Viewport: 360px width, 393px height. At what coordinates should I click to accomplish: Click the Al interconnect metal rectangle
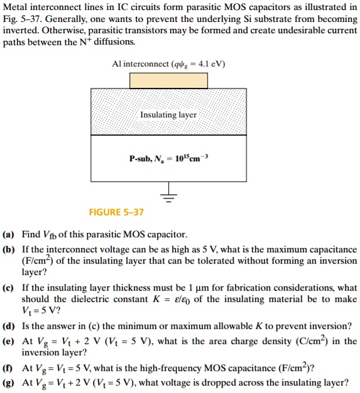click(168, 80)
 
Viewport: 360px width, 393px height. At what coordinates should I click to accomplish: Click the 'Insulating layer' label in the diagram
click(168, 115)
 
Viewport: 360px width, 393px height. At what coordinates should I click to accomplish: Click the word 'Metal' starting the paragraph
click(15, 8)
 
